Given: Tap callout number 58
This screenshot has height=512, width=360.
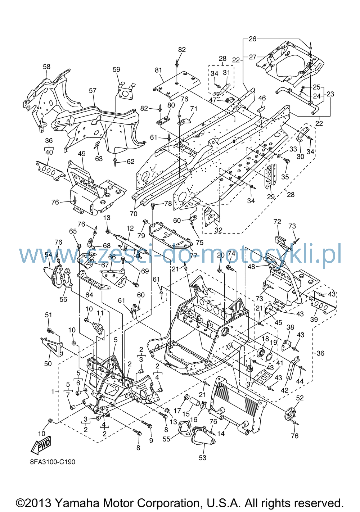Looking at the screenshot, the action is click(x=47, y=67).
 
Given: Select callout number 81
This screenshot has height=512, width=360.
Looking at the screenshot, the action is click(x=158, y=70).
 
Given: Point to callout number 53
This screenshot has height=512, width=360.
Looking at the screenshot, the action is click(x=203, y=457).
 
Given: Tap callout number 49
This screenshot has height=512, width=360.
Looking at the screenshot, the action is click(x=82, y=154).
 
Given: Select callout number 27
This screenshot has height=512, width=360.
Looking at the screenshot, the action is click(x=252, y=57).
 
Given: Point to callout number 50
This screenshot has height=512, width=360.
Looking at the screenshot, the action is click(x=48, y=363).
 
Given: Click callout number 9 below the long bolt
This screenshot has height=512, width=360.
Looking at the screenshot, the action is click(x=151, y=440).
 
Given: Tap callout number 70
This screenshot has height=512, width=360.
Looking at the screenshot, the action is click(x=133, y=213).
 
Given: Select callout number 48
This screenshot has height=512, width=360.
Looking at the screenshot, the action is click(x=251, y=267).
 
